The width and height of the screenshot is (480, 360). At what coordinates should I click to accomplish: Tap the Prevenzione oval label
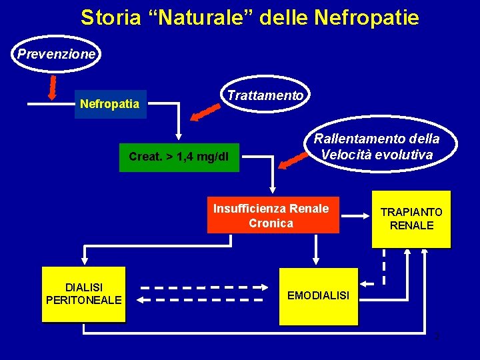tap(57, 54)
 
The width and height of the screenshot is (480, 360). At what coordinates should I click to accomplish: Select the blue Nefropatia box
tap(110, 104)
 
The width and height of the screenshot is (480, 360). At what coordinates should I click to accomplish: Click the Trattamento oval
tap(265, 95)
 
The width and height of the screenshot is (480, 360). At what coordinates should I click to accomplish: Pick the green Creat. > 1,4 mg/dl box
tap(179, 157)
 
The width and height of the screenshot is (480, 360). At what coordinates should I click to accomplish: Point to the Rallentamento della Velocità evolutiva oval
tap(377, 147)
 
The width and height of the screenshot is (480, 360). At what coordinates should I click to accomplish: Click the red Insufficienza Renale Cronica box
tap(271, 215)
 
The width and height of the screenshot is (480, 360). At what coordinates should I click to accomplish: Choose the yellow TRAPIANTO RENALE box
tap(412, 219)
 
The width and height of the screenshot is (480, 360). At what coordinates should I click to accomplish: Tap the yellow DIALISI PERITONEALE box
tap(83, 294)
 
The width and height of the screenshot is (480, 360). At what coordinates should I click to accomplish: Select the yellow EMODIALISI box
tap(318, 295)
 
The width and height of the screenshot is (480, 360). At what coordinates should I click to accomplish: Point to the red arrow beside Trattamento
tap(205, 112)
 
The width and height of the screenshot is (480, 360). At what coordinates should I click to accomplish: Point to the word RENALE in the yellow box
tap(412, 225)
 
